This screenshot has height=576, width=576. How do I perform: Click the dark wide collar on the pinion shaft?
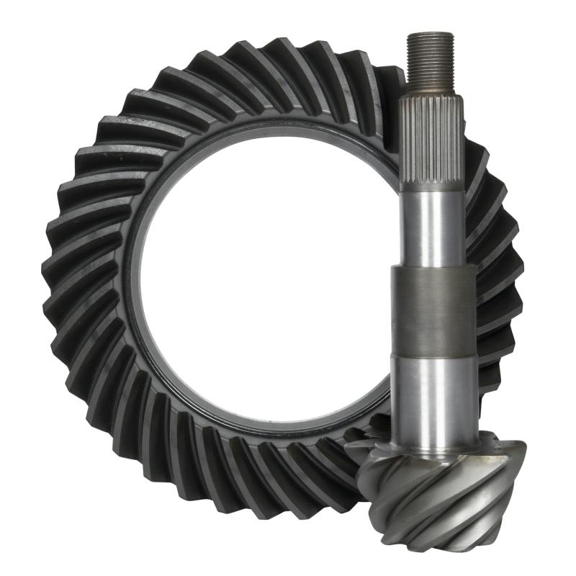tap(433, 310)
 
